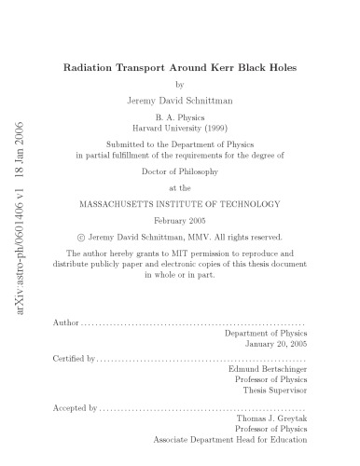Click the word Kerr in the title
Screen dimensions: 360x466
click(206, 67)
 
